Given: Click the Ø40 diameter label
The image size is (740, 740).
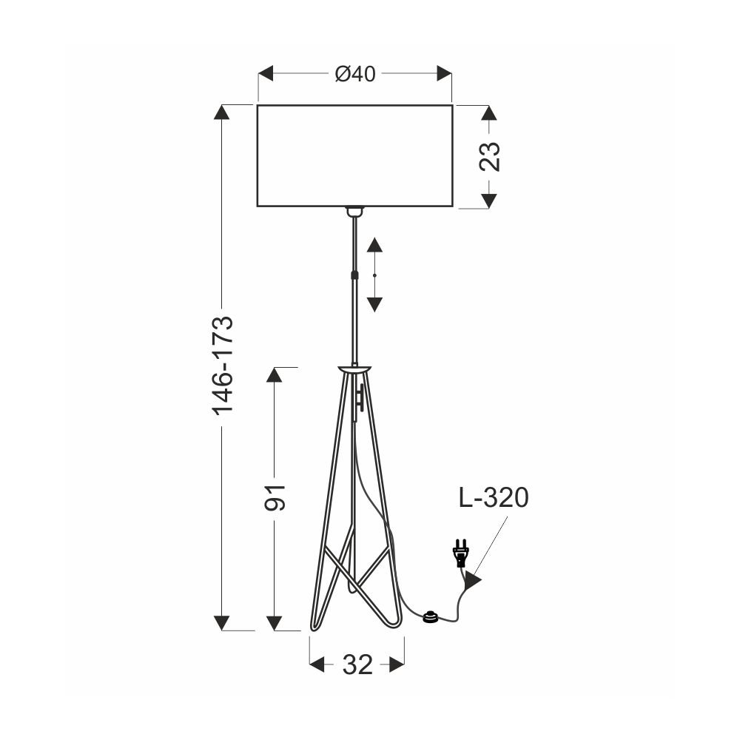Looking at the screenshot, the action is click(355, 74).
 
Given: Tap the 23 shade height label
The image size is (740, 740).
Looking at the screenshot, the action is click(489, 156).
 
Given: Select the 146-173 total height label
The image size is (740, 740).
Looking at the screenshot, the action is click(223, 366).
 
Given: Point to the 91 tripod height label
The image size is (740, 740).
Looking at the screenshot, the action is click(275, 497).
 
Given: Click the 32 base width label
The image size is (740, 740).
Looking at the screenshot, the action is click(357, 665).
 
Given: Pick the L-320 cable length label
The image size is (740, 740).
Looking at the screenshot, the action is click(494, 497).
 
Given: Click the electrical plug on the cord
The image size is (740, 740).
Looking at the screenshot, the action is click(460, 553).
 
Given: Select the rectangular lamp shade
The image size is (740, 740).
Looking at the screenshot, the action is click(355, 155).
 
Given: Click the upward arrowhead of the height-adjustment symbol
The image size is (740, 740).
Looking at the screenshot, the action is click(374, 245).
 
